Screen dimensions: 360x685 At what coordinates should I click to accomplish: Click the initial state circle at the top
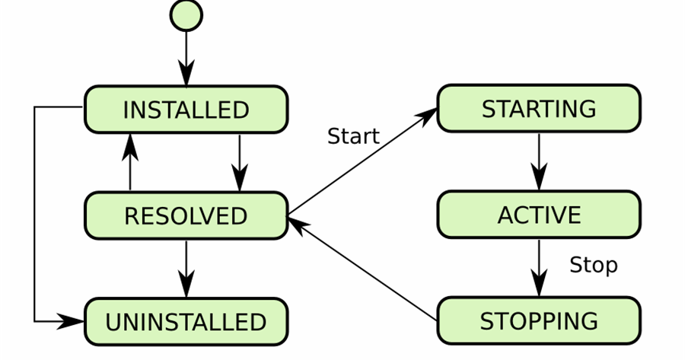[x=186, y=15]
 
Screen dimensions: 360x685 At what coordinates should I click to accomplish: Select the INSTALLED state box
[x=186, y=110]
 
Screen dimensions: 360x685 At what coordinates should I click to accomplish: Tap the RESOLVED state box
[x=186, y=215]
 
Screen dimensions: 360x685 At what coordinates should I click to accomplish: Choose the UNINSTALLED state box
[x=186, y=321]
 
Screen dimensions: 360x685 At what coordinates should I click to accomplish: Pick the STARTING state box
[x=538, y=109]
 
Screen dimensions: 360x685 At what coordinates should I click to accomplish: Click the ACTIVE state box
[x=538, y=215]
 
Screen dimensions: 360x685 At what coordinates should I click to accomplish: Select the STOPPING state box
[x=538, y=320]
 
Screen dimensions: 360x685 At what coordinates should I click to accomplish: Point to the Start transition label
[x=353, y=136]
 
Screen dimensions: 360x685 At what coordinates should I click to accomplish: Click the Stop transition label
[x=593, y=265]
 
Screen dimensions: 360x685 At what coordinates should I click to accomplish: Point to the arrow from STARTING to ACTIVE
[x=539, y=161]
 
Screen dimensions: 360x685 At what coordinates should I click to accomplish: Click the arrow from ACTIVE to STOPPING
[x=539, y=267]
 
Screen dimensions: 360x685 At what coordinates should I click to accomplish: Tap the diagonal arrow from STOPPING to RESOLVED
[x=362, y=270]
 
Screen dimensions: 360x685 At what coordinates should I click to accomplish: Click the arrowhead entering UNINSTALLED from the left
[x=72, y=321]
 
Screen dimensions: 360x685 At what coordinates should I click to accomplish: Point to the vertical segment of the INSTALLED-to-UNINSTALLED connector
[x=35, y=214]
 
